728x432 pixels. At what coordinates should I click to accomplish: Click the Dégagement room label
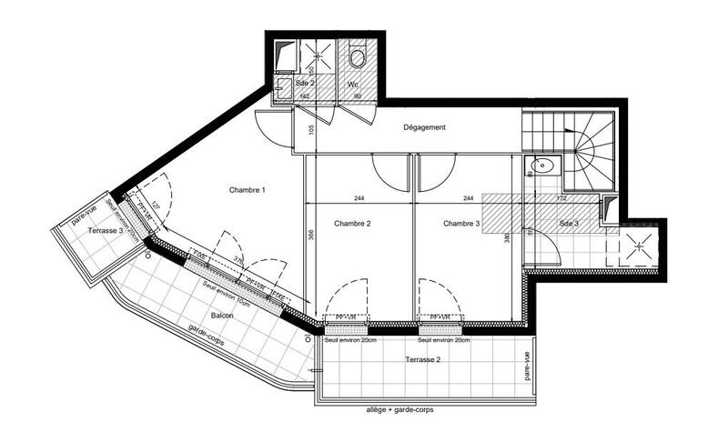[x=425, y=127]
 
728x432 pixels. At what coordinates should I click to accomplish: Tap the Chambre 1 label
[x=247, y=190]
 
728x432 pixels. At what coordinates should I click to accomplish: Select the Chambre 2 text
[x=352, y=223]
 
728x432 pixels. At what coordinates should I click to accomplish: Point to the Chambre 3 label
[x=462, y=223]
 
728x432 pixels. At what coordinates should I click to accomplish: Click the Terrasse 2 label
[x=425, y=360]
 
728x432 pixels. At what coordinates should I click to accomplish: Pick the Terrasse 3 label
[x=106, y=232]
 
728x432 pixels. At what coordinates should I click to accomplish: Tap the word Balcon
[x=221, y=316]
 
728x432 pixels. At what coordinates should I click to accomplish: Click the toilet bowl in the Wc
[x=357, y=58]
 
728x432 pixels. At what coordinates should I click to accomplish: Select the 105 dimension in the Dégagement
[x=310, y=129]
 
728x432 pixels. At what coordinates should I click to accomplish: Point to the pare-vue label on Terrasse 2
[x=527, y=367]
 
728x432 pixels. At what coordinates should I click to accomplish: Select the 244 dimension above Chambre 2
[x=359, y=198]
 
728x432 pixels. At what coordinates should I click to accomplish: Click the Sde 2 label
[x=305, y=83]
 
